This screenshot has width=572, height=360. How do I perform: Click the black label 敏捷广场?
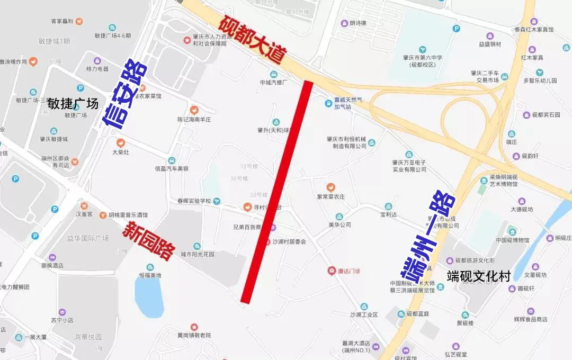coord(73,104)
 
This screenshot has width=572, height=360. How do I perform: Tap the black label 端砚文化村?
coord(478,276)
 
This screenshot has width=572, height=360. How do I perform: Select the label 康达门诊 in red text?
coord(349,271)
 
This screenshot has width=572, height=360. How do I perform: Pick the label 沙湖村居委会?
coord(289,241)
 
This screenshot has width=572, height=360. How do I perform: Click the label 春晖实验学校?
coord(194,201)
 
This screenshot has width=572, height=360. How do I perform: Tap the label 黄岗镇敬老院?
coord(194,335)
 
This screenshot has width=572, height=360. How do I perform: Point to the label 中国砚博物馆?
coord(512,240)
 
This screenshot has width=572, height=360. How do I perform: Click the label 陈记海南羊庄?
coord(194,120)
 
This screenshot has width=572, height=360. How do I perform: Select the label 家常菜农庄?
coord(330,196)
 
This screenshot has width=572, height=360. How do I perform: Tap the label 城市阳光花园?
coord(197,254)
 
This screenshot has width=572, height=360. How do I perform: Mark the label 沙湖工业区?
coord(364,314)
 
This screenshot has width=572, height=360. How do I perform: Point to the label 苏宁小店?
coord(62,320)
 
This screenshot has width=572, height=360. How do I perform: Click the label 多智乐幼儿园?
coord(540,81)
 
